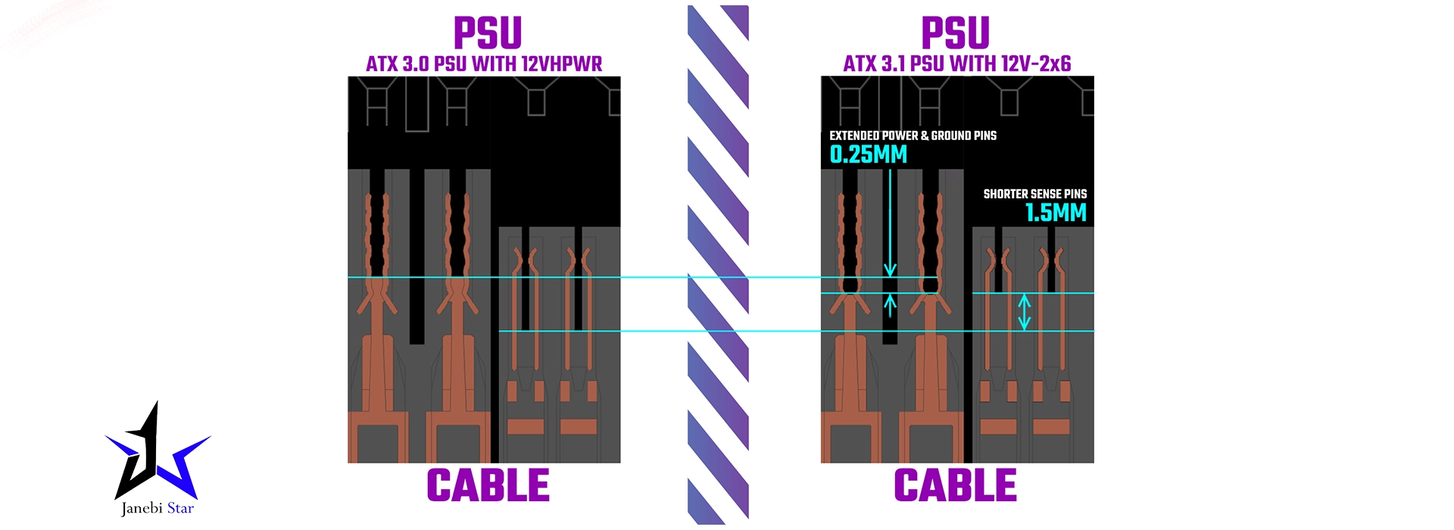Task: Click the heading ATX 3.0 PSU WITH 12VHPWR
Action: (484, 64)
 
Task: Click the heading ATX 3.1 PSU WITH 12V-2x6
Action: (957, 64)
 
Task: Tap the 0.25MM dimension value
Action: (868, 154)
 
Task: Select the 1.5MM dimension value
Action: (1056, 213)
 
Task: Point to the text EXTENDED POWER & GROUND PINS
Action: (913, 136)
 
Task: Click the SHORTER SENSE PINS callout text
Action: (1034, 194)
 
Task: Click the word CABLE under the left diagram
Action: (488, 485)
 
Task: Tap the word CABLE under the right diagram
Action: (955, 485)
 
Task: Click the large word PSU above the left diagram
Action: (488, 33)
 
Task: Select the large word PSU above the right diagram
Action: (955, 33)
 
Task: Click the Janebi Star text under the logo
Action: (158, 508)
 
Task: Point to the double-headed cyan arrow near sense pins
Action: (1024, 312)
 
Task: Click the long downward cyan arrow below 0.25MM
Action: (890, 223)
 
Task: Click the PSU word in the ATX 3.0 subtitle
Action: (450, 64)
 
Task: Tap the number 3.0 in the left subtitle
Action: (416, 64)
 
